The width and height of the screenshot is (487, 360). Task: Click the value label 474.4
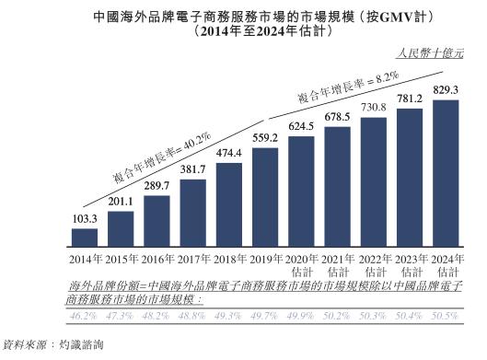tap(229, 152)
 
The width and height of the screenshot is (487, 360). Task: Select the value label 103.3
tap(85, 219)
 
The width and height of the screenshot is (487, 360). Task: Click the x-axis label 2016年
tap(157, 261)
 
